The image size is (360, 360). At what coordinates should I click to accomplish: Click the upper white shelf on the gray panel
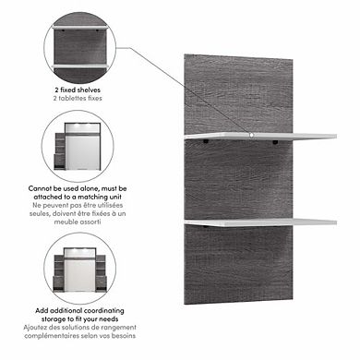(277, 137)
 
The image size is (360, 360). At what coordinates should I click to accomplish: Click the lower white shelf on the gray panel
(277, 222)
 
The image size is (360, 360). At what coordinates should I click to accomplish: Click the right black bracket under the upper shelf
(277, 142)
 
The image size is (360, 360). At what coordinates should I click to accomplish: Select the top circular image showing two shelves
(79, 50)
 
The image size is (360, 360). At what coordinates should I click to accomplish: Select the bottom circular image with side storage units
(79, 267)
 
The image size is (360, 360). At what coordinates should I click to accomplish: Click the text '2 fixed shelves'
(79, 90)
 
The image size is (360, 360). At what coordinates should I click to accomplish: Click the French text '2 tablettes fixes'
(79, 98)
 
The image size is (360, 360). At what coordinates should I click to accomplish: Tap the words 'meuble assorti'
(79, 221)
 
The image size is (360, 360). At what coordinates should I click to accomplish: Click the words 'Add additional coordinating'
(79, 309)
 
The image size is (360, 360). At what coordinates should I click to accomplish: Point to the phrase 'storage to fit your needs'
(79, 318)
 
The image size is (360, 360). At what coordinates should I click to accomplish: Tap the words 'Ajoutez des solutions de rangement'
(79, 328)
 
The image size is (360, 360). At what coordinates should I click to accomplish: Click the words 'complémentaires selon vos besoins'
(79, 336)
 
